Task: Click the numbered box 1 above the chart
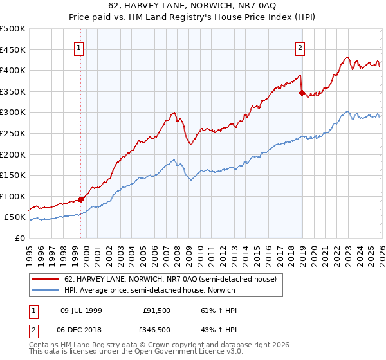tap(78, 47)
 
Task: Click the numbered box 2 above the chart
tap(300, 47)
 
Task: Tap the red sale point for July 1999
tap(81, 199)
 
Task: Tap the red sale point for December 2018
tap(302, 93)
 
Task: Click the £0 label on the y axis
tap(20, 238)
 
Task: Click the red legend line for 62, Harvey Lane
tap(45, 280)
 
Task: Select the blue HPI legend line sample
tap(45, 290)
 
